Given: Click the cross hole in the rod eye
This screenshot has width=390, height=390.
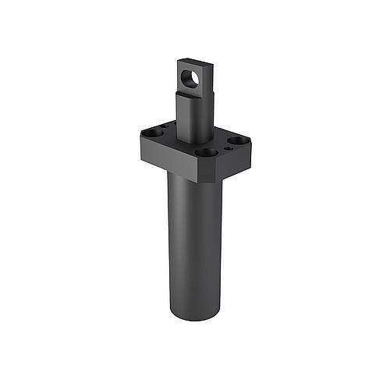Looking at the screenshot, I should (x=190, y=78).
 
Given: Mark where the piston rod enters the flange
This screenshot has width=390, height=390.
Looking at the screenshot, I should (x=195, y=140).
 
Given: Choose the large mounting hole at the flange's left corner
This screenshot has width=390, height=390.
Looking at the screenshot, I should (x=154, y=133).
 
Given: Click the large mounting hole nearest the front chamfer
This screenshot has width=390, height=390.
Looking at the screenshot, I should (x=206, y=153).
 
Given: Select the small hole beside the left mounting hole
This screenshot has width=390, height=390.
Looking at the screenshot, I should (x=165, y=126).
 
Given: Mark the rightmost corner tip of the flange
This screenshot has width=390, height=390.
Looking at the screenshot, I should (x=250, y=142).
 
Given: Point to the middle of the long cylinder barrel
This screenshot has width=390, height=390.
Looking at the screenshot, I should (x=195, y=242).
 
